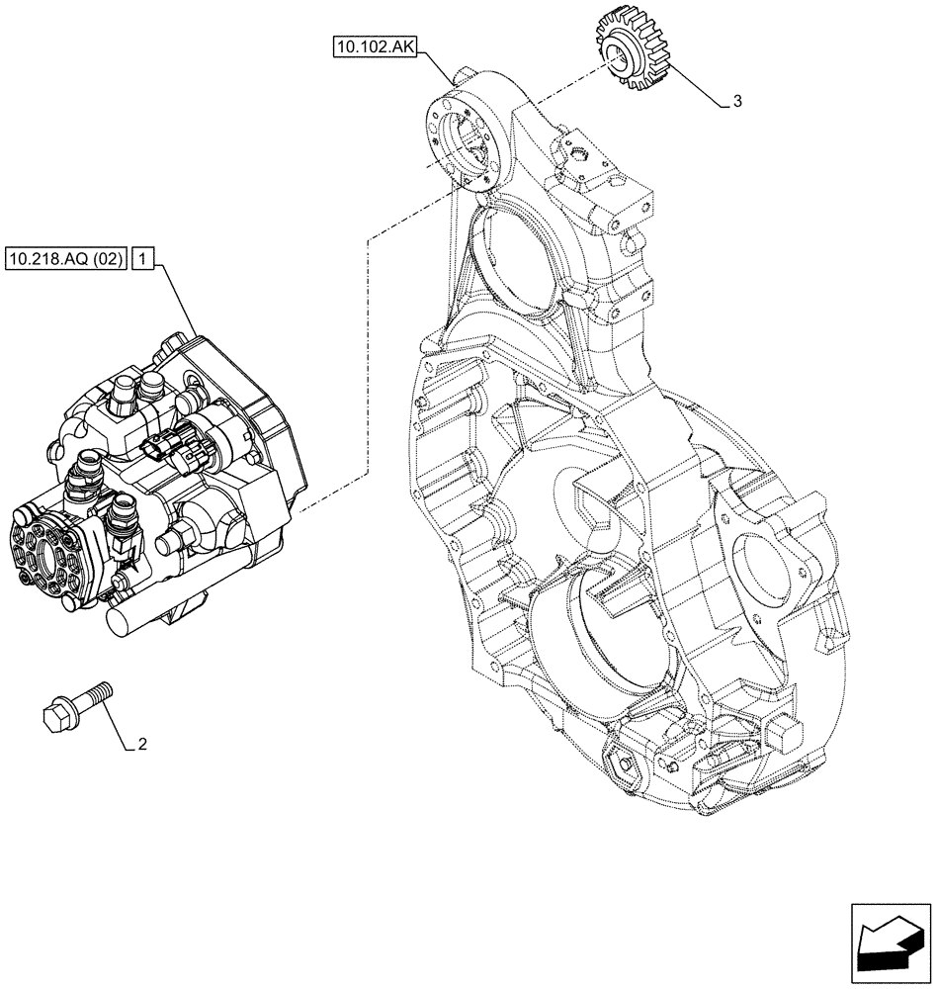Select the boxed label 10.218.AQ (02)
(x=65, y=260)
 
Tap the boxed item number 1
(x=143, y=260)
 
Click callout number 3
(x=736, y=102)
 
